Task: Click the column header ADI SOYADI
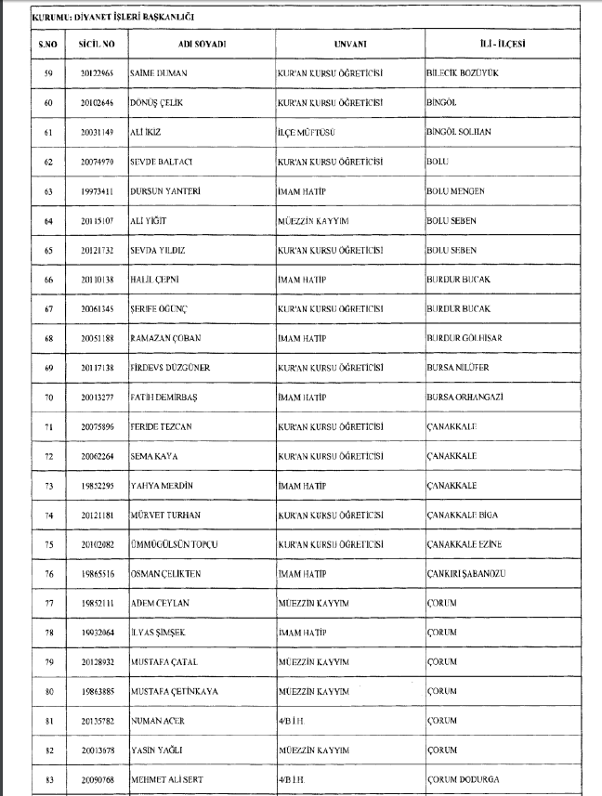[202, 44]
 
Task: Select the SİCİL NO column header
[97, 44]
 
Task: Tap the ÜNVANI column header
[349, 44]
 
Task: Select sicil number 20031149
[97, 132]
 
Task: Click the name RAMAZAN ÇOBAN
[166, 338]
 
